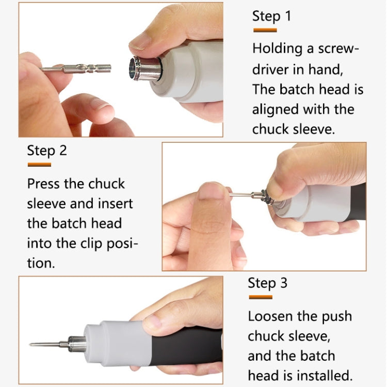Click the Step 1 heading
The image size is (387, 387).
click(271, 16)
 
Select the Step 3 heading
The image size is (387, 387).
click(267, 283)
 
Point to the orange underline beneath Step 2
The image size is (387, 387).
click(39, 165)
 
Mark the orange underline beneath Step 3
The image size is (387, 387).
click(260, 297)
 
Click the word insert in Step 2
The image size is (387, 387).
click(113, 203)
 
